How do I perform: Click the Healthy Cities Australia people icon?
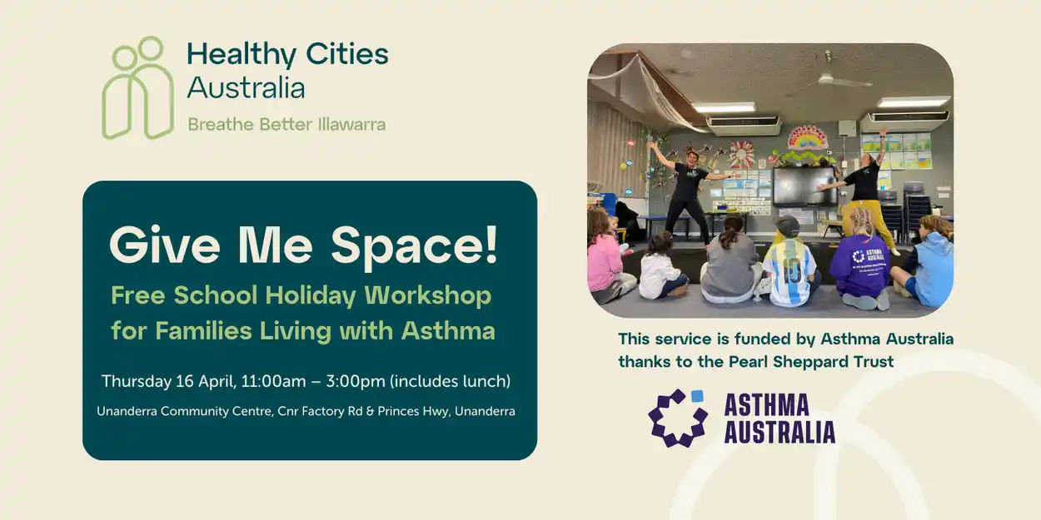click(x=138, y=88)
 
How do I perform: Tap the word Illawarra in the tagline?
click(x=351, y=125)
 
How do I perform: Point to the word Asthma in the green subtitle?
click(x=448, y=330)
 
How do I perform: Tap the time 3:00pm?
click(x=356, y=382)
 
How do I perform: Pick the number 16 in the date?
click(x=185, y=381)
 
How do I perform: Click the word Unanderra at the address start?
click(x=127, y=411)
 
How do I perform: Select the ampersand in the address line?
click(x=370, y=411)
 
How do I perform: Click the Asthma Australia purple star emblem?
click(x=678, y=418)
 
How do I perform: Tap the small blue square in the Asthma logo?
click(x=697, y=396)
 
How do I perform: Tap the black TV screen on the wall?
click(x=804, y=186)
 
